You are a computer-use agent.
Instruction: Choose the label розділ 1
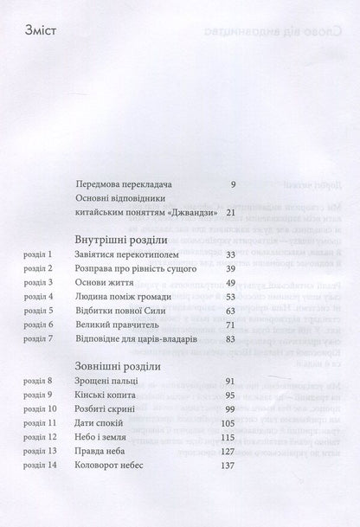point(39,256)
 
